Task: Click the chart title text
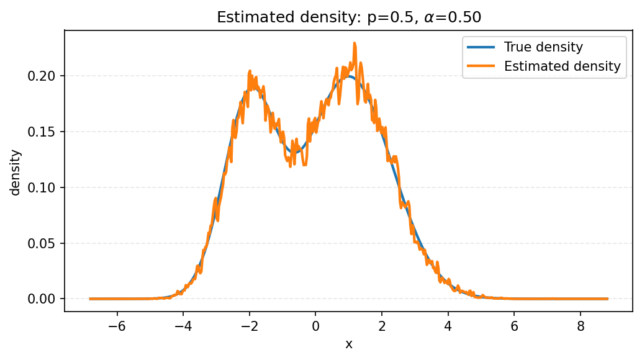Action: tap(349, 17)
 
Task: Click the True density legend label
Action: tap(543, 47)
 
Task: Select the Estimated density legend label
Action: tap(562, 66)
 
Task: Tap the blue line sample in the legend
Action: tap(482, 47)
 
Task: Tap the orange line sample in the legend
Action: tap(482, 66)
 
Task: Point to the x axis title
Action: tap(349, 344)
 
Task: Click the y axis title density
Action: tap(16, 172)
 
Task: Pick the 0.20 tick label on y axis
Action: tap(45, 76)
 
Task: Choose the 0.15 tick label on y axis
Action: tap(45, 132)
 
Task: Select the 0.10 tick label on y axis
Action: tap(45, 187)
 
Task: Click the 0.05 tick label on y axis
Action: tap(45, 243)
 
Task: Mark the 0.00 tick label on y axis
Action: tap(45, 299)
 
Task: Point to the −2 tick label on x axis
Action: tap(247, 326)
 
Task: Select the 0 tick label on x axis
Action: tap(315, 326)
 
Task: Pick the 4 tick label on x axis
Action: tap(448, 326)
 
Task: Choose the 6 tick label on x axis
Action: tap(515, 326)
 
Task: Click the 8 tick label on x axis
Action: tap(581, 326)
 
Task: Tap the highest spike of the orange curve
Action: tap(355, 43)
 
